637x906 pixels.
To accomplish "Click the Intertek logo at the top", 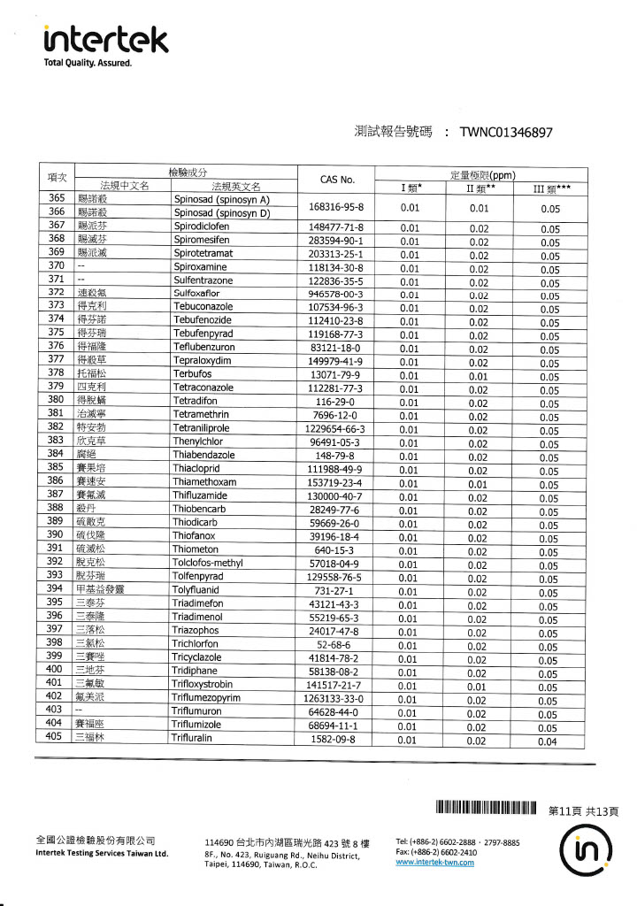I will pyautogui.click(x=105, y=40).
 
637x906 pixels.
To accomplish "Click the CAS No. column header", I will pyautogui.click(x=336, y=180).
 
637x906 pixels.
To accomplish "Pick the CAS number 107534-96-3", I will pyautogui.click(x=336, y=308).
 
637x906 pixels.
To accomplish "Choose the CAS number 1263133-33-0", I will pyautogui.click(x=336, y=699).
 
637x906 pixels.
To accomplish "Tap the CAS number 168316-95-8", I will pyautogui.click(x=336, y=206).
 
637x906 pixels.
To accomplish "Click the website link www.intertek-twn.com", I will pyautogui.click(x=435, y=863).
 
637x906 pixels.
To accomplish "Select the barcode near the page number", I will pyautogui.click(x=486, y=808).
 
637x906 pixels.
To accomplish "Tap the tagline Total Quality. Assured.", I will pyautogui.click(x=88, y=64).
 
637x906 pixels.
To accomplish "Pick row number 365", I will pyautogui.click(x=56, y=199).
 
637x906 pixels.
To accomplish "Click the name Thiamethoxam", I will pyautogui.click(x=204, y=483).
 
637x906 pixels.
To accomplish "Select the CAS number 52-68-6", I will pyautogui.click(x=336, y=645).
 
